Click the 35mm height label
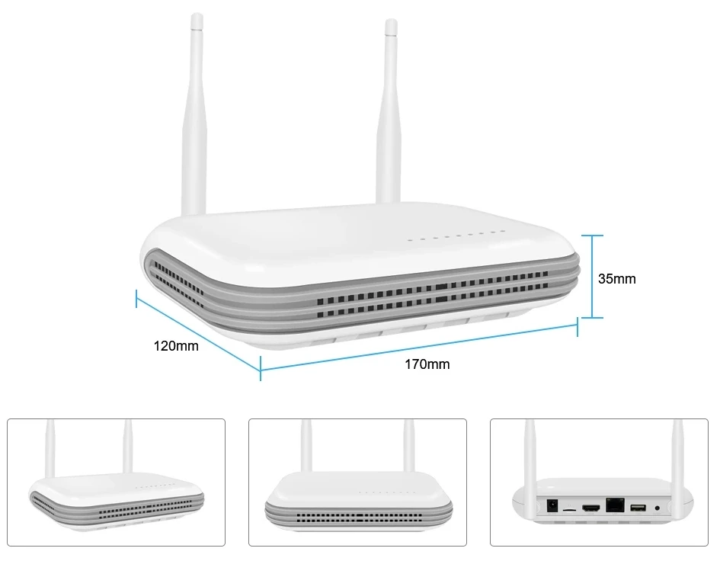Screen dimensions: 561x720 click(x=616, y=279)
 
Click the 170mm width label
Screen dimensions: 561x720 click(x=427, y=364)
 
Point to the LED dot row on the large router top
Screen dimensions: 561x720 click(x=456, y=237)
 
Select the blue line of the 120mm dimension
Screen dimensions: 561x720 click(x=197, y=332)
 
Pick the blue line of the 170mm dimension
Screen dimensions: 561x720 click(x=419, y=350)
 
